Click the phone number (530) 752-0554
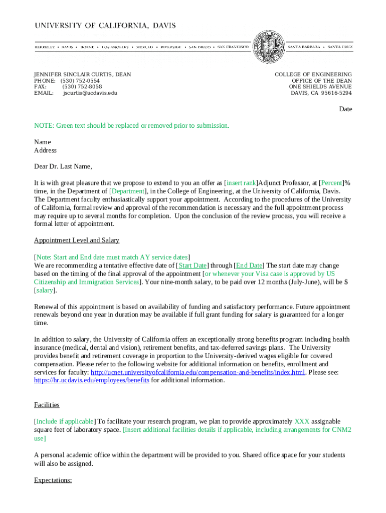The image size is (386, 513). pos(80,81)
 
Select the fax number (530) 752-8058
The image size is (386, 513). pos(82,87)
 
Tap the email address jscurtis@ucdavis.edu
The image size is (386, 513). pos(90,93)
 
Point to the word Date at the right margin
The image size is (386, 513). pos(345,109)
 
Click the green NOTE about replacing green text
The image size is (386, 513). pos(131,125)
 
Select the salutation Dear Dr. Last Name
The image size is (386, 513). pos(63,166)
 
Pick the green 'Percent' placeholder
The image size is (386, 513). pos(331,183)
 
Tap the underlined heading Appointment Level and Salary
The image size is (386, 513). pos(77,240)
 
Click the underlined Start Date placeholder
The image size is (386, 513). pos(193,265)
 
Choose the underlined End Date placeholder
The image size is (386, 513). pos(249,265)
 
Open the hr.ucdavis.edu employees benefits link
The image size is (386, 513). pos(92,380)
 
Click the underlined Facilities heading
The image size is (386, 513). pos(47,404)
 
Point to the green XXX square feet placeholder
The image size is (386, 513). pos(302,421)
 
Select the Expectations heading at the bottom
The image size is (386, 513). pos(53,480)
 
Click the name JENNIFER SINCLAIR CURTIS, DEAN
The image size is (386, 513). pos(83,75)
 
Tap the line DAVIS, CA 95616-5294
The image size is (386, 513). pos(321,93)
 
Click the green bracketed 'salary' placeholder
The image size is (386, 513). pos(44,290)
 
